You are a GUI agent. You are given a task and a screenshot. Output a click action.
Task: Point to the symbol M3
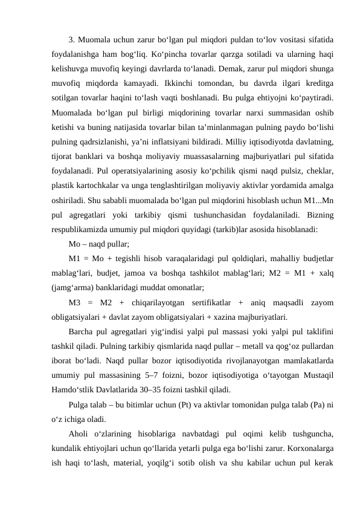(77, 301)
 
